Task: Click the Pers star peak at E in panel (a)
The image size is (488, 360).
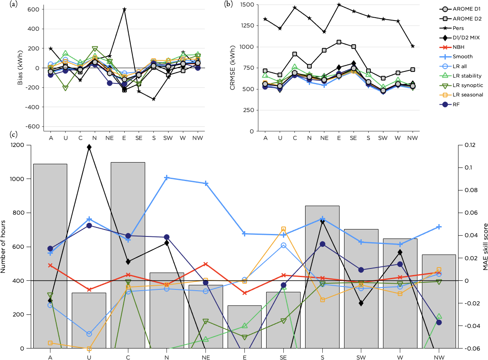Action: [x=124, y=9]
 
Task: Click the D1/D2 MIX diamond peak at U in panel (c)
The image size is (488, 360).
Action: [x=89, y=147]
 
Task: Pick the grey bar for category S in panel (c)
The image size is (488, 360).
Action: [x=322, y=277]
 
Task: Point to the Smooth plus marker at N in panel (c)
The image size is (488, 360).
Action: [x=167, y=178]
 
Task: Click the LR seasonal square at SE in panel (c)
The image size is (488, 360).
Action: [x=283, y=229]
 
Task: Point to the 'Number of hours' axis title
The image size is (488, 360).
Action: [x=4, y=246]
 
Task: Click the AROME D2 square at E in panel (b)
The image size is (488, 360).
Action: [x=339, y=42]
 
